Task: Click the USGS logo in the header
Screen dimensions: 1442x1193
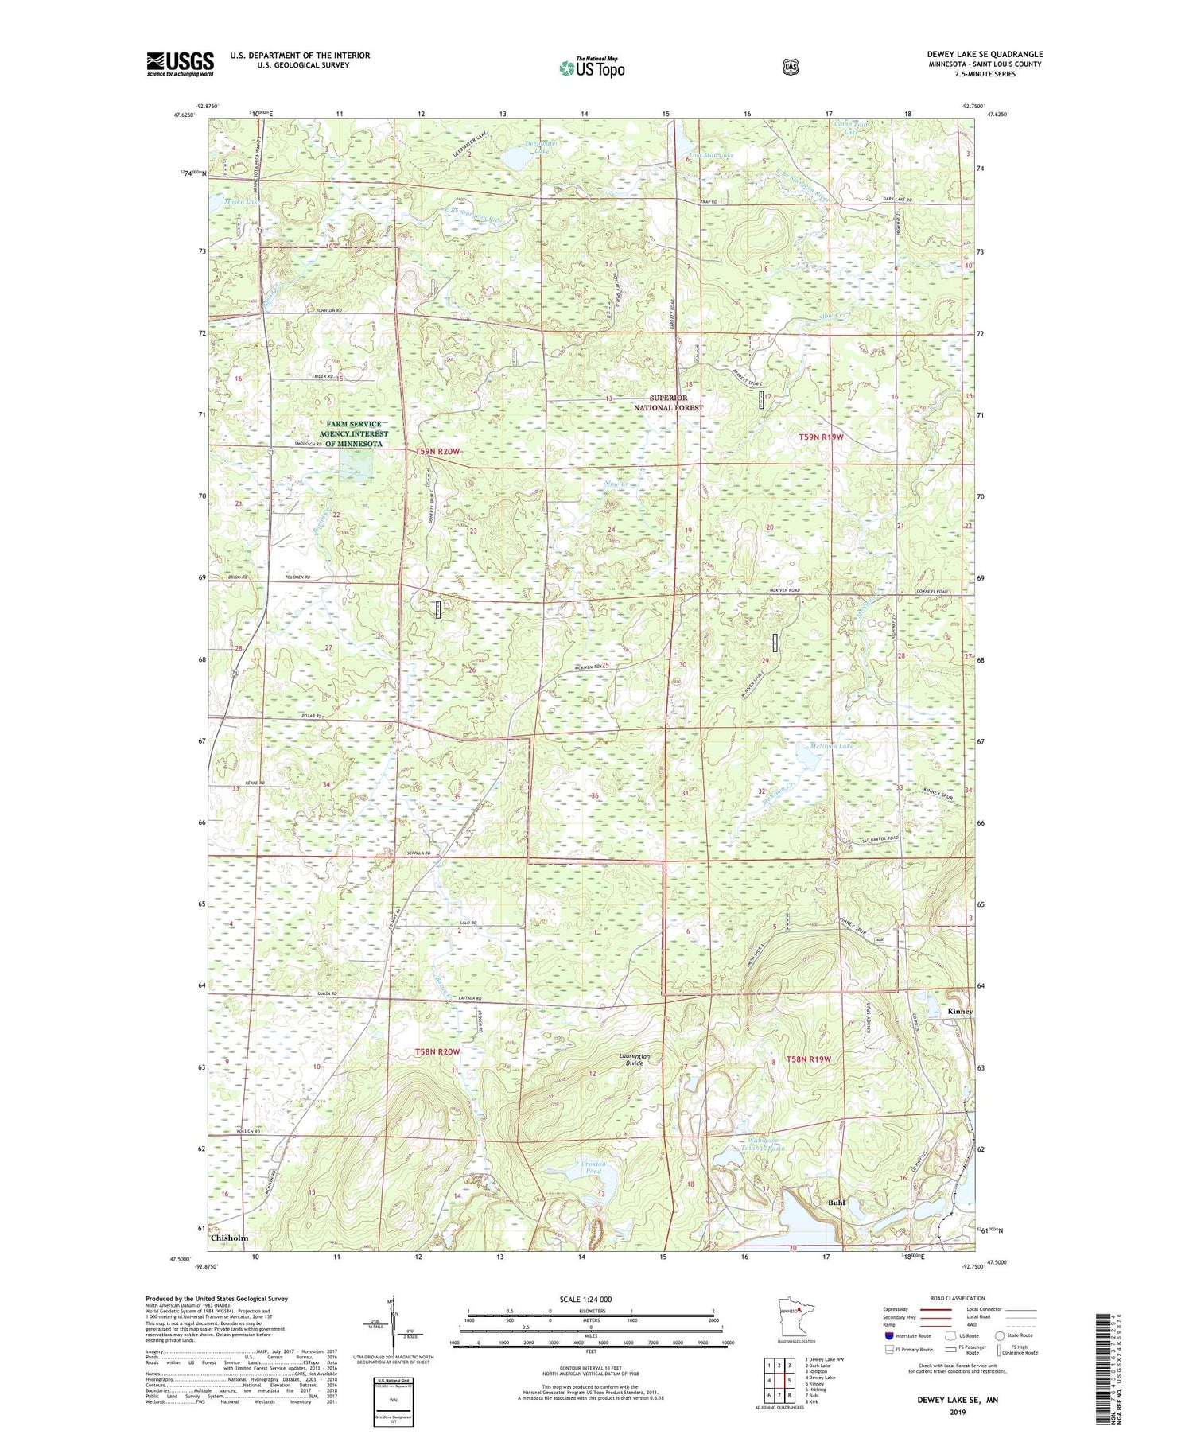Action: pyautogui.click(x=181, y=64)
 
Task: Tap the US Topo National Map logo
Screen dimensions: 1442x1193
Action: pyautogui.click(x=592, y=68)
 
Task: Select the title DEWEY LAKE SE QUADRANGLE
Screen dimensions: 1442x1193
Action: pyautogui.click(x=985, y=55)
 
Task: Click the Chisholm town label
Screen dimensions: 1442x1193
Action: pyautogui.click(x=230, y=1238)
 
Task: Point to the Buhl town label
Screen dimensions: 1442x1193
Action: pyautogui.click(x=836, y=1203)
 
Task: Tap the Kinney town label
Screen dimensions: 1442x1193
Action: pyautogui.click(x=960, y=1011)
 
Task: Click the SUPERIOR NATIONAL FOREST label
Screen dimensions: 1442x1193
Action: pyautogui.click(x=668, y=402)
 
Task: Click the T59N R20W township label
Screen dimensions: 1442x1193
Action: pyautogui.click(x=437, y=452)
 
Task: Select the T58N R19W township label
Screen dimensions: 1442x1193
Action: pyautogui.click(x=808, y=1059)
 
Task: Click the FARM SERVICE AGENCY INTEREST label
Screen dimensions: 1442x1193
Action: pyautogui.click(x=354, y=433)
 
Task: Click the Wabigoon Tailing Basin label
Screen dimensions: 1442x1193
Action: pyautogui.click(x=759, y=1144)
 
